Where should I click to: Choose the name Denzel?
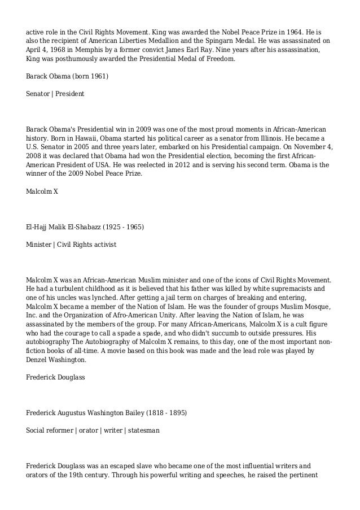click(42, 359)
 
